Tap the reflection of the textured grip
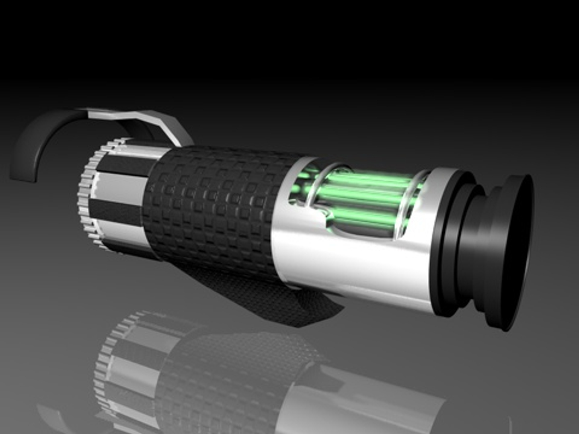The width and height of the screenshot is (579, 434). [225, 374]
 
